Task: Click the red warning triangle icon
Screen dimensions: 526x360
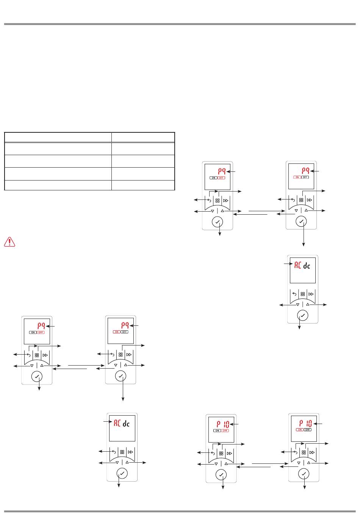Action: pos(9,242)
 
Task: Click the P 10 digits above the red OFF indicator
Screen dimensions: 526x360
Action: pos(223,424)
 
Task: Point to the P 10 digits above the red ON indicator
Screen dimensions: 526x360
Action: pos(305,423)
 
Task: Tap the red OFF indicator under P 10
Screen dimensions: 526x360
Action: pos(225,431)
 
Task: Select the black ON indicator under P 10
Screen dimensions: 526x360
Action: pos(218,431)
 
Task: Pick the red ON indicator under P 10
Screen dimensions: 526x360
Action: pos(300,430)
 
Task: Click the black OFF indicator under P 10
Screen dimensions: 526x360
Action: pos(308,430)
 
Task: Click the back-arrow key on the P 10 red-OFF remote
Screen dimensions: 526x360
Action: pos(213,453)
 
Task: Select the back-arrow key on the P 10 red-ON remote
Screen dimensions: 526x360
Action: pos(295,452)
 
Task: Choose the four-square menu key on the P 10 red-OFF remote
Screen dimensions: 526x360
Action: pos(221,453)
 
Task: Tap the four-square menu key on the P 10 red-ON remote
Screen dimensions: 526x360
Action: pos(304,452)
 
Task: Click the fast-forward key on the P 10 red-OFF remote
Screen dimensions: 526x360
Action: pos(229,453)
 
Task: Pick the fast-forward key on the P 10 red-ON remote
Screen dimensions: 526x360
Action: pos(312,452)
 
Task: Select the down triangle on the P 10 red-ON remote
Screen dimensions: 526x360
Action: pos(299,463)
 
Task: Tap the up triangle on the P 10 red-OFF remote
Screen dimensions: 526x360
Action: pos(226,463)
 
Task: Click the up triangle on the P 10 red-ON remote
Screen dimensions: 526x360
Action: pos(309,463)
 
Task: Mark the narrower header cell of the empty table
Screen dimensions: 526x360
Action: pos(143,137)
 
